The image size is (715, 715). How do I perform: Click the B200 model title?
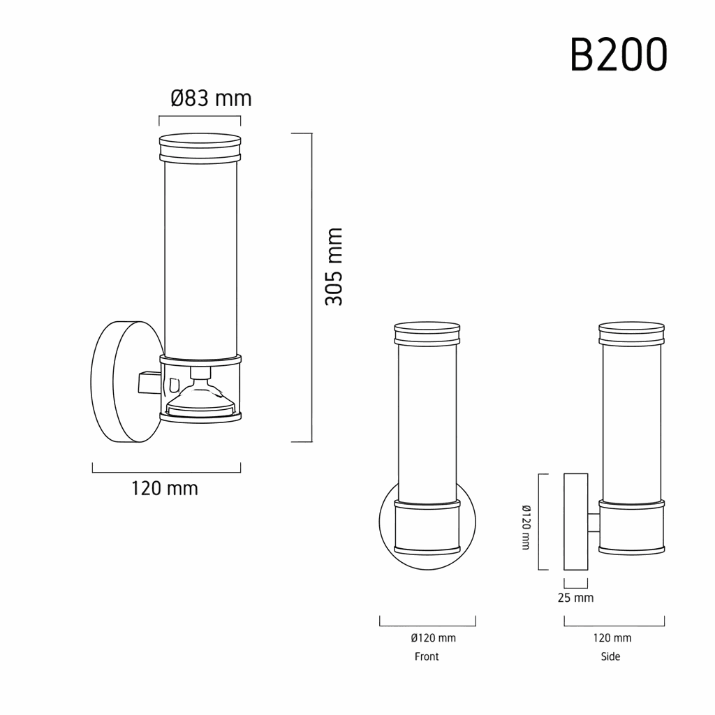click(619, 54)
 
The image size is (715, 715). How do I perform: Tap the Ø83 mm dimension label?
click(211, 98)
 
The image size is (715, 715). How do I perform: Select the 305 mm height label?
click(334, 266)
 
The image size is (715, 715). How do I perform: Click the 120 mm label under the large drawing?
click(165, 488)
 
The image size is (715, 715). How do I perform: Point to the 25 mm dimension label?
click(575, 598)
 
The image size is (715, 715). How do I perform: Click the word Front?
click(427, 656)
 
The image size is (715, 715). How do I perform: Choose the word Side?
click(610, 656)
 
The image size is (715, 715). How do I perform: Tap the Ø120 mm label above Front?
click(433, 638)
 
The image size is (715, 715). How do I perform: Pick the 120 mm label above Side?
click(612, 638)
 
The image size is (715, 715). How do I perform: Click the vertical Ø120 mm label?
click(526, 527)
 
